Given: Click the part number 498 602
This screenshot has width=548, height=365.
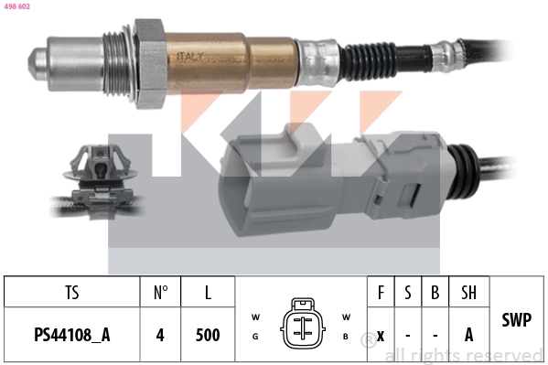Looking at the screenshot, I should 17,6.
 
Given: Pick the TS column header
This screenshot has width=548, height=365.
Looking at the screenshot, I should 71,293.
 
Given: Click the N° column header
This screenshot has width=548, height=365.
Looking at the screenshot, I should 160,293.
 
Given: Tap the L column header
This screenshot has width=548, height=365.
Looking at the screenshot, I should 208,293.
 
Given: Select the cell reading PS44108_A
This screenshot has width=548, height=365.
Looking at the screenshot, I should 71,334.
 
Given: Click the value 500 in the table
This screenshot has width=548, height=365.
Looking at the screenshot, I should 208,334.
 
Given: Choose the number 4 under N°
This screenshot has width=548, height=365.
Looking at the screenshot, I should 160,334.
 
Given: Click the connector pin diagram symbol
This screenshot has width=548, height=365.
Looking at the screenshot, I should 301,324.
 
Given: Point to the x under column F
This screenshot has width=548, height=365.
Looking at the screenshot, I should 380,334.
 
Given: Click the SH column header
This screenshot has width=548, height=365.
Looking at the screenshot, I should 468,293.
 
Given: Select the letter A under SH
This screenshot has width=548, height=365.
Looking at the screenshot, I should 468,334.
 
